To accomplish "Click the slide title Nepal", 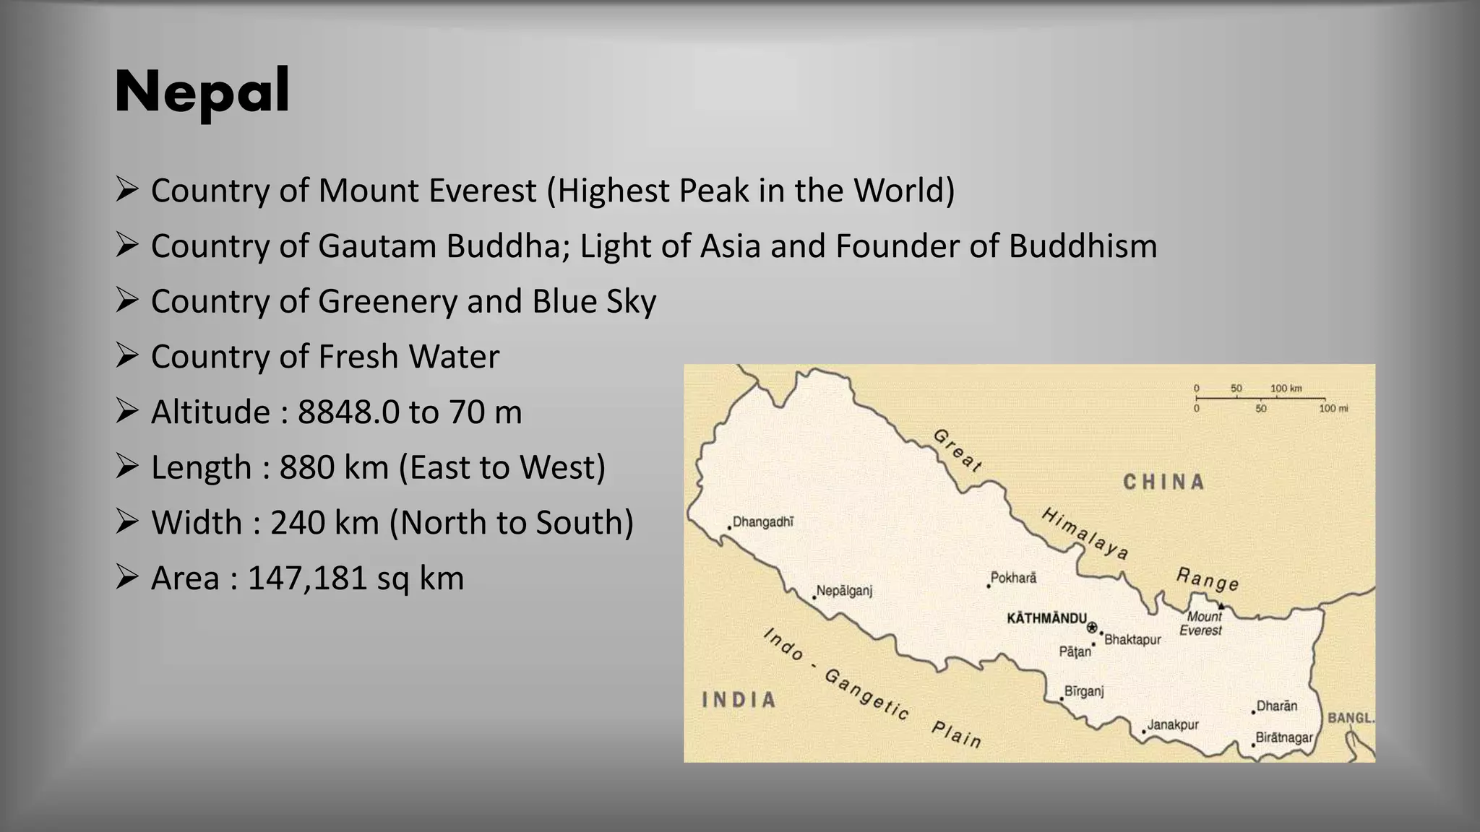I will [x=202, y=92].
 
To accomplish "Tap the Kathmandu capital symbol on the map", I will [x=1092, y=627].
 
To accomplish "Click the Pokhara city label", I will [x=1013, y=578].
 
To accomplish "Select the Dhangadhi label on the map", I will [x=763, y=521].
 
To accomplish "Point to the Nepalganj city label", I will [x=844, y=591].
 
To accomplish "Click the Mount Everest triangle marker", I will [x=1221, y=606].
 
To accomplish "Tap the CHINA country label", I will [x=1163, y=482].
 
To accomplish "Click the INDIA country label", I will [x=739, y=699].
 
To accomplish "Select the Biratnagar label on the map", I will [x=1284, y=737].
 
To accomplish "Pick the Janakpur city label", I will [x=1173, y=724].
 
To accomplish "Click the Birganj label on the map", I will [x=1084, y=691].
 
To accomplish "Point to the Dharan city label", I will [x=1277, y=706].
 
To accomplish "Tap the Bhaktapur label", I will [x=1132, y=639].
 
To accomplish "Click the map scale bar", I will [x=1261, y=398].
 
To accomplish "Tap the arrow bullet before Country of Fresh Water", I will [x=126, y=355].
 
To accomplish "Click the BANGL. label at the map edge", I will [x=1351, y=718].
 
